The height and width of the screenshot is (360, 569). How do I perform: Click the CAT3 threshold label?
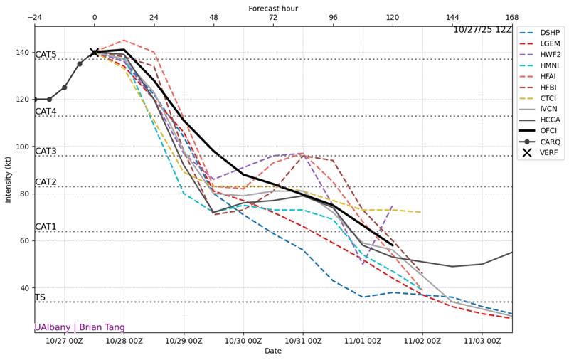pyautogui.click(x=46, y=151)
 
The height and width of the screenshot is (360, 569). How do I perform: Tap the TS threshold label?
pyautogui.click(x=40, y=297)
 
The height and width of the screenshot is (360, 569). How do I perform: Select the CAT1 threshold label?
pyautogui.click(x=46, y=227)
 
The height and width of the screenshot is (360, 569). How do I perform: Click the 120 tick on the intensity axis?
pyautogui.click(x=23, y=100)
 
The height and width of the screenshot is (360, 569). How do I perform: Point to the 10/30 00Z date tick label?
pyautogui.click(x=243, y=342)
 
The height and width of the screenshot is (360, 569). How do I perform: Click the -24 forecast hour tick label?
pyautogui.click(x=34, y=17)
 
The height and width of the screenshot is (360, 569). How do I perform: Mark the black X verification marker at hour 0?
pyautogui.click(x=95, y=52)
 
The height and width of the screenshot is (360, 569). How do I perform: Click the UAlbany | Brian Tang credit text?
pyautogui.click(x=80, y=327)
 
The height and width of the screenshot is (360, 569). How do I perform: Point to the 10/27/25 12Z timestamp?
pyautogui.click(x=482, y=30)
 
